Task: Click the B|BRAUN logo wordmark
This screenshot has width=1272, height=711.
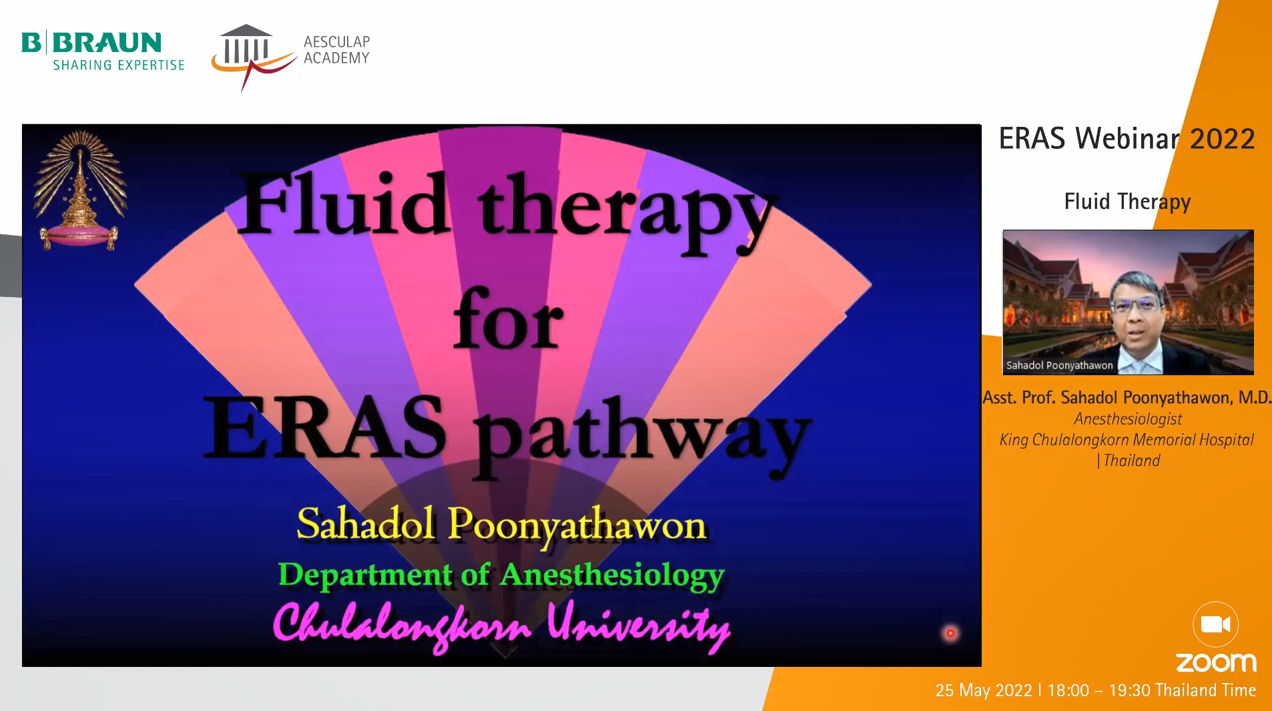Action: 91,43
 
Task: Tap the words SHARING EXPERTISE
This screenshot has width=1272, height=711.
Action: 119,65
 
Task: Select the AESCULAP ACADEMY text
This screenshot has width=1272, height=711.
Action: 336,50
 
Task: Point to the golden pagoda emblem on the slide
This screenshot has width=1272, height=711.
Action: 80,190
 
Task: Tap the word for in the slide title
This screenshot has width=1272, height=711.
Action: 509,318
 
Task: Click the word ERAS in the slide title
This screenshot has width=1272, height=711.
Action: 325,427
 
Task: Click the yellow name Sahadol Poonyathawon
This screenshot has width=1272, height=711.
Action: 501,525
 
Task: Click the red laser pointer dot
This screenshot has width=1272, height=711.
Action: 950,633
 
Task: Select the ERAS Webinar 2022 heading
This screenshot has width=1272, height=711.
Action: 1127,139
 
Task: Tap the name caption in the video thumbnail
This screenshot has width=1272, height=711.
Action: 1059,365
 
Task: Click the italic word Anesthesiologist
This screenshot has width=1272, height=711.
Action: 1128,419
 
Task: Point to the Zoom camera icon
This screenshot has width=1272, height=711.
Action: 1215,624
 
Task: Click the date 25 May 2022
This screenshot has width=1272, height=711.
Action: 984,690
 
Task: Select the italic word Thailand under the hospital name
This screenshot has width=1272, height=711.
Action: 1132,461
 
